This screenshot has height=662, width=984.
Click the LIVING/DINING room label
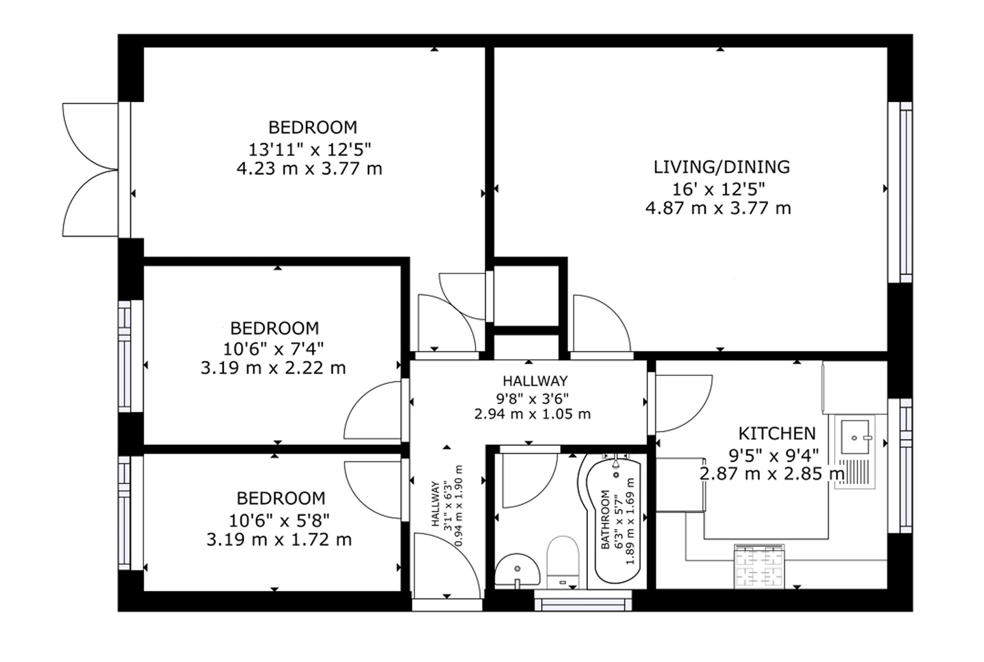pos(721,167)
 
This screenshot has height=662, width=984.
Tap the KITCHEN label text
pos(777,434)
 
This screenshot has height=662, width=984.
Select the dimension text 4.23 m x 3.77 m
pos(309,169)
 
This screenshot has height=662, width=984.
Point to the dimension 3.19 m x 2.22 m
pos(273,368)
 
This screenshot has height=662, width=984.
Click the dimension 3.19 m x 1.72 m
pos(279,540)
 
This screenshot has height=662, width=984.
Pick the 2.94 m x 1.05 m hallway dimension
pos(532,414)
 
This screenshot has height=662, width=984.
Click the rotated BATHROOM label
pos(606,519)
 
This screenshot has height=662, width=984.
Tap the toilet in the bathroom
pos(563,562)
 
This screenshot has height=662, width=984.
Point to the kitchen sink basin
pos(855,437)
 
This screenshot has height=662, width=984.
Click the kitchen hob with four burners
pos(759,566)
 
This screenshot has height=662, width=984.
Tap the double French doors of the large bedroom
pos(91,170)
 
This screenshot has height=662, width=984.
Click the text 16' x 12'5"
pos(719,189)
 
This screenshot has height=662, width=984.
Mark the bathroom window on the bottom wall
pos(583,601)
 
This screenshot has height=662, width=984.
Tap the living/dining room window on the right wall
pos(900,192)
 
